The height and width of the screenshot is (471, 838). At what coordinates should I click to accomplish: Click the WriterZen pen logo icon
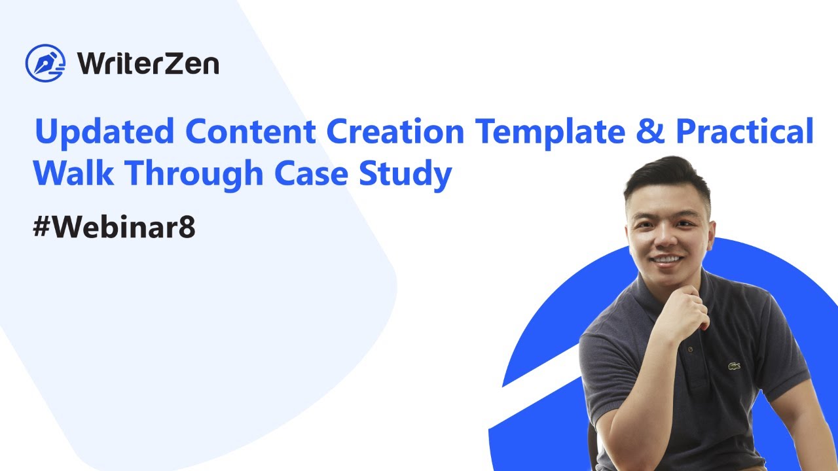click(45, 63)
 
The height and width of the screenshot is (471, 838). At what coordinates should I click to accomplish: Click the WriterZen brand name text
click(148, 63)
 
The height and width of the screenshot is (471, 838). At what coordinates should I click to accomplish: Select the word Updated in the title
click(105, 132)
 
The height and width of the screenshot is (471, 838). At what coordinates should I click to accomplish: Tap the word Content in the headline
click(251, 131)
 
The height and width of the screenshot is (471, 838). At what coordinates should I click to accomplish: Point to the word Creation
click(395, 131)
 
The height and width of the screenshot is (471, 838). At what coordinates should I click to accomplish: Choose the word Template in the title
click(550, 133)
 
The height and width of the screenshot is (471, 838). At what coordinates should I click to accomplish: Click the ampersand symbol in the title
click(651, 130)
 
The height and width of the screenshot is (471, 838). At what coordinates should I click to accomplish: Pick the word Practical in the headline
click(745, 130)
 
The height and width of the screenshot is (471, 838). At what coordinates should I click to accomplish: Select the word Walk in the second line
click(74, 172)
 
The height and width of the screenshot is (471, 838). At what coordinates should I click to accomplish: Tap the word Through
click(194, 175)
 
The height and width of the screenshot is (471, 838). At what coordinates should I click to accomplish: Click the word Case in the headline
click(311, 173)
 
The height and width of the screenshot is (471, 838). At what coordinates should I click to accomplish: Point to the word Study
click(405, 175)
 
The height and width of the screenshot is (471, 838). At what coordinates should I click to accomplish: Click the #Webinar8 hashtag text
click(114, 226)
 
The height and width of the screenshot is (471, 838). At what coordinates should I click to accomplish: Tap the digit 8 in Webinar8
click(187, 226)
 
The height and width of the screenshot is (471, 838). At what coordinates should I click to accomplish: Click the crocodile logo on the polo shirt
click(735, 366)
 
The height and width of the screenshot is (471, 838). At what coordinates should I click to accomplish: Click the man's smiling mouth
click(667, 259)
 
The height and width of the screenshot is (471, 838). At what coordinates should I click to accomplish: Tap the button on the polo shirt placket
click(690, 349)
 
